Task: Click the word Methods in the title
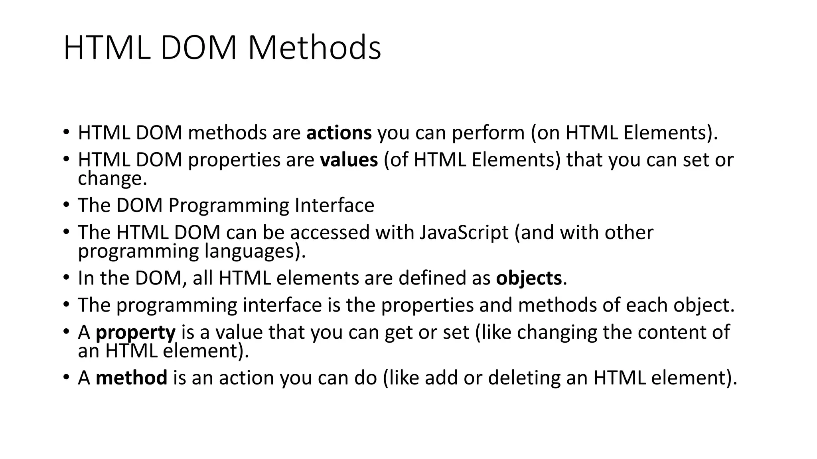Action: [314, 48]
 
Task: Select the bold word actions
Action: [339, 133]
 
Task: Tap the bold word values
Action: [349, 160]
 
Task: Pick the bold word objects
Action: [529, 278]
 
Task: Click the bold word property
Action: [136, 333]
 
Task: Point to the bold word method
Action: [131, 378]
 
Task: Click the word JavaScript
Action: [464, 233]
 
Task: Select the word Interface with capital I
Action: [334, 206]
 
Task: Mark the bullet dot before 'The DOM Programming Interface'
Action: [66, 206]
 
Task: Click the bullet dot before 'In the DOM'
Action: [66, 278]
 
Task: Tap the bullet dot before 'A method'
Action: [66, 378]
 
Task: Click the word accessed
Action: [330, 233]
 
